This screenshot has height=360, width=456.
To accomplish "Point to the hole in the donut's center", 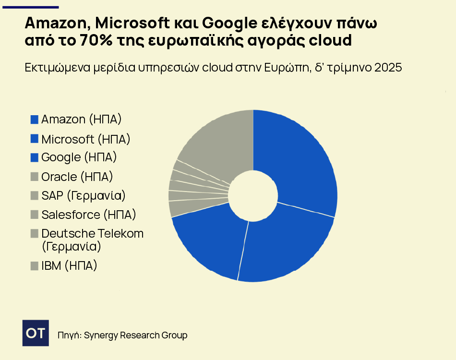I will pyautogui.click(x=253, y=195).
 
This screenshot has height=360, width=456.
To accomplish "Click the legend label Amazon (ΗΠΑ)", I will pyautogui.click(x=81, y=119).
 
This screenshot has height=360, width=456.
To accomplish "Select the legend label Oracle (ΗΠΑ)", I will pyautogui.click(x=77, y=177).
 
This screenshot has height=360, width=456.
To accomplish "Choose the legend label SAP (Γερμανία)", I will pyautogui.click(x=83, y=195).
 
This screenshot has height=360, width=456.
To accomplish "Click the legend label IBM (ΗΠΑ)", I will pyautogui.click(x=69, y=265).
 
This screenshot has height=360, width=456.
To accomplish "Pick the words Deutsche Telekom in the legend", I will pyautogui.click(x=93, y=233).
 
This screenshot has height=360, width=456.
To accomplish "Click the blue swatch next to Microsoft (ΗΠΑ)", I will pyautogui.click(x=34, y=139).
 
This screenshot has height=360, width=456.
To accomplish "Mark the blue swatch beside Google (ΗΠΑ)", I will pyautogui.click(x=34, y=157).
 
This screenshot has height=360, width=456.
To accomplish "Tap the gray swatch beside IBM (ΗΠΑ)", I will pyautogui.click(x=34, y=265).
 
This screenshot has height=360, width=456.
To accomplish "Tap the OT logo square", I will pyautogui.click(x=36, y=333).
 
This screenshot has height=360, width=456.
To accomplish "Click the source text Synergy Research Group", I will pyautogui.click(x=135, y=335).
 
